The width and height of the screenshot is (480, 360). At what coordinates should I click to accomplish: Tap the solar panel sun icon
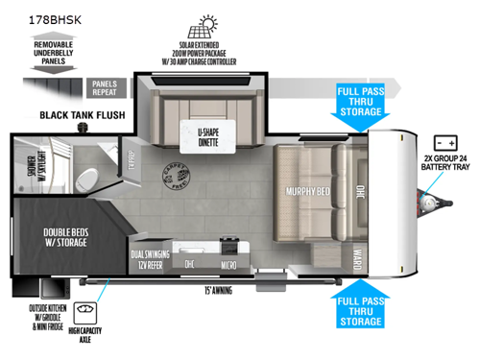coord(203,25)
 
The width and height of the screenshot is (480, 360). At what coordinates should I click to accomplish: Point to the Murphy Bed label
coord(308,191)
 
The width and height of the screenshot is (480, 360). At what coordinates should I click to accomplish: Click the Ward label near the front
coord(357,258)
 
